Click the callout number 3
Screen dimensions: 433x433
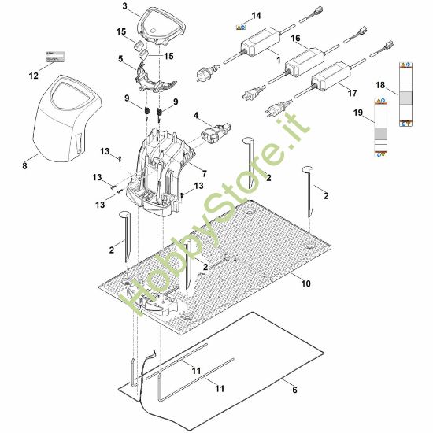[x=125, y=6]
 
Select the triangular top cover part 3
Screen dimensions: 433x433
[x=161, y=26]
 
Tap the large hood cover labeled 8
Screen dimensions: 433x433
[x=67, y=118]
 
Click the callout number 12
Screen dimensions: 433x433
[x=34, y=76]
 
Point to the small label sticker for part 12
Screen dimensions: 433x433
[x=56, y=57]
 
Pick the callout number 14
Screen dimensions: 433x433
[x=257, y=16]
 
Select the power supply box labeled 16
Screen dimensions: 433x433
[x=305, y=62]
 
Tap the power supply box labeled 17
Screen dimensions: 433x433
[x=331, y=76]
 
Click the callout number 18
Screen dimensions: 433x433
[x=380, y=85]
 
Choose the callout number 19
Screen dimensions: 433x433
[x=358, y=113]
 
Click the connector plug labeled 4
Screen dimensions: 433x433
[x=216, y=131]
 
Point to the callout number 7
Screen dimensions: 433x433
[x=205, y=174]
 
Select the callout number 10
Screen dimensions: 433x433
[x=305, y=283]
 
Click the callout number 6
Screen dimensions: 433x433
[x=295, y=390]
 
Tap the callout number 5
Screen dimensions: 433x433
[x=120, y=59]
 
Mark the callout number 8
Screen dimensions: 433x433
[x=25, y=165]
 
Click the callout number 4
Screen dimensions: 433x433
[x=196, y=115]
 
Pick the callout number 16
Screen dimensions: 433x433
[x=295, y=38]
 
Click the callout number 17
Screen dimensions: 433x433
[x=352, y=93]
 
